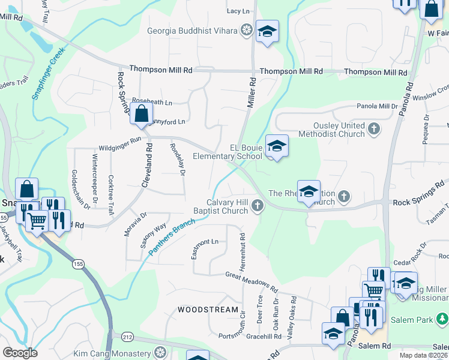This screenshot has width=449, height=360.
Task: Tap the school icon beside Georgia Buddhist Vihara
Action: pyautogui.click(x=267, y=31)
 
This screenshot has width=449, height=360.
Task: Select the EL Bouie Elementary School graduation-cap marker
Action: pyautogui.click(x=277, y=146)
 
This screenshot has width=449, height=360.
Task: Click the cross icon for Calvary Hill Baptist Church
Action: pyautogui.click(x=258, y=206)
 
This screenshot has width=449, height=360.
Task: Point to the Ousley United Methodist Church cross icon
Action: pyautogui.click(x=374, y=129)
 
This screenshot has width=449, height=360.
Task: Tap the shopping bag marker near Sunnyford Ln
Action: pyautogui.click(x=141, y=113)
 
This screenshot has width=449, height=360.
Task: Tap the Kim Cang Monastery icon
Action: pyautogui.click(x=160, y=352)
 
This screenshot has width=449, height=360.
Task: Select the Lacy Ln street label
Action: pyautogui.click(x=238, y=11)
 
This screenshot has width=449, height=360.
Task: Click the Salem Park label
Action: pyautogui.click(x=420, y=320)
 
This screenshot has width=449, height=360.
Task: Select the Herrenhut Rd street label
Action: pyautogui.click(x=243, y=251)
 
